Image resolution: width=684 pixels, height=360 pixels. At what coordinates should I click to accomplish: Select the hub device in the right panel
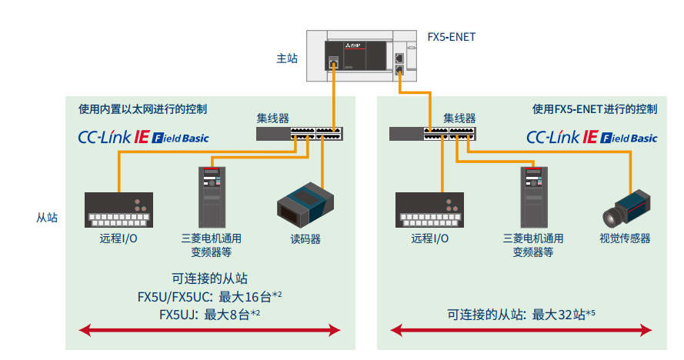(432, 133)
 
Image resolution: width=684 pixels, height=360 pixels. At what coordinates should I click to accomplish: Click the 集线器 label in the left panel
(272, 118)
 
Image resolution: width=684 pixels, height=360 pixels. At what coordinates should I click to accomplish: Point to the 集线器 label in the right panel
(459, 118)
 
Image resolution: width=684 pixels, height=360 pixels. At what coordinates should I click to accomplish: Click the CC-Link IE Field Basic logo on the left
(143, 138)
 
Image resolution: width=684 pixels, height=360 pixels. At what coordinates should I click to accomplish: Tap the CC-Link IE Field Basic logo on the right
(592, 138)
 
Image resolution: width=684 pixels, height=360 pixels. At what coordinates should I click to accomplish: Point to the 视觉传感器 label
(625, 238)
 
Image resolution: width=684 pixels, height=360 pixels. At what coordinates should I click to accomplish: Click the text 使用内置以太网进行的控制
(142, 109)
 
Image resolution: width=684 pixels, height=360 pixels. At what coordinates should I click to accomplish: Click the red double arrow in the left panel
(210, 331)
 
